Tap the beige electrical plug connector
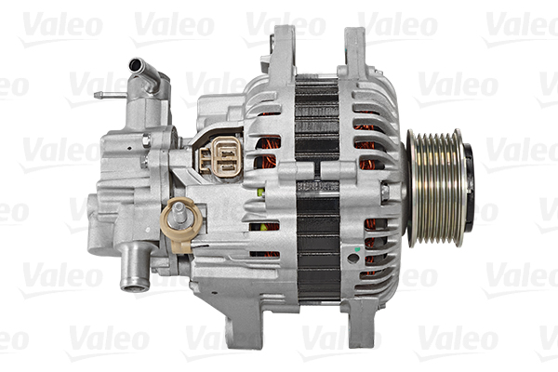click(222, 154)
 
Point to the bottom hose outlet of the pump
click(136, 278)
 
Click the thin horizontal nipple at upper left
click(107, 95)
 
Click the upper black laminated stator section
click(316, 121)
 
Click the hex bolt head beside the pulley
click(384, 193)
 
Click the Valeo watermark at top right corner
click(521, 26)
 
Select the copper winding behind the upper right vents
click(367, 139)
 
